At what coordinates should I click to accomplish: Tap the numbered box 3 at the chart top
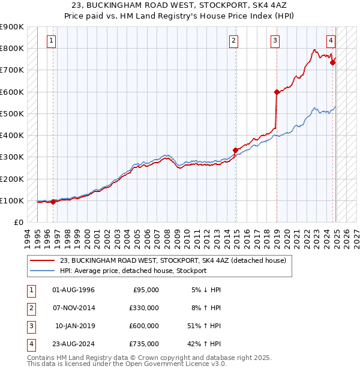tap(275, 41)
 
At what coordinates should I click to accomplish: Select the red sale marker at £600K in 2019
tap(277, 92)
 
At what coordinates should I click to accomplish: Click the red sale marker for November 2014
tap(235, 151)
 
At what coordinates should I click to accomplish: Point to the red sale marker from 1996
tap(53, 202)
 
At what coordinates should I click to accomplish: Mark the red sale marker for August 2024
tap(332, 62)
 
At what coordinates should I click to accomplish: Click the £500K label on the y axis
tap(12, 113)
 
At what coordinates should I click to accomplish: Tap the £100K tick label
tap(12, 200)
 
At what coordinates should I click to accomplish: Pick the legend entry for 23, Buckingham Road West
tap(173, 260)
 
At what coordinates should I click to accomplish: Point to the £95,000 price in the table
tap(146, 289)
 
